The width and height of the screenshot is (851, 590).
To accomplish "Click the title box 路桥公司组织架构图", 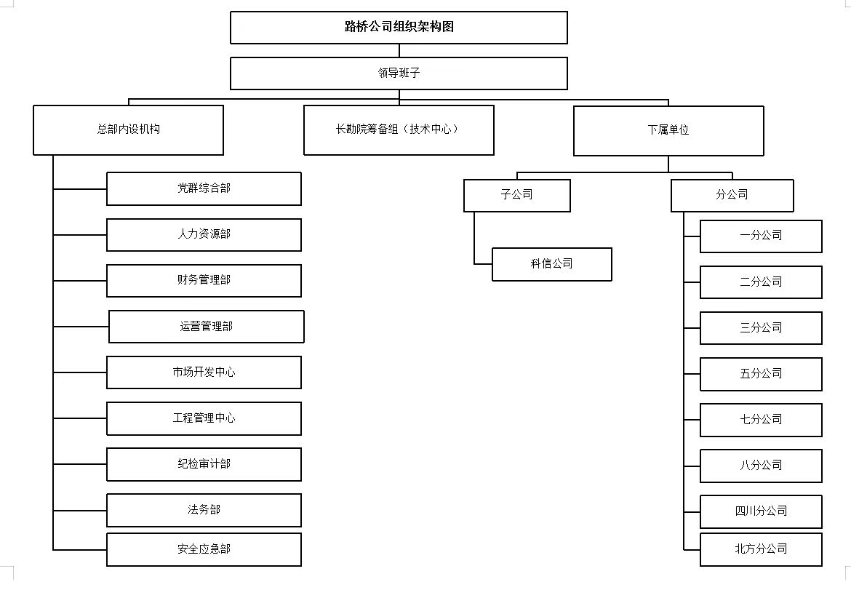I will pyautogui.click(x=399, y=28).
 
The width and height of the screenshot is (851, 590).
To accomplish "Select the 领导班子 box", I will pyautogui.click(x=399, y=73).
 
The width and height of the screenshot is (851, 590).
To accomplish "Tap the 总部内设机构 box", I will pyautogui.click(x=128, y=130).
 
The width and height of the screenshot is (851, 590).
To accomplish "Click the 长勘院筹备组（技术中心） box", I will pyautogui.click(x=399, y=130).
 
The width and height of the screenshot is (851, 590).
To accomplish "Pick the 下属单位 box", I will pyautogui.click(x=668, y=131).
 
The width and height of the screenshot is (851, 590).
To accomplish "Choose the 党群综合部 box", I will pyautogui.click(x=204, y=188).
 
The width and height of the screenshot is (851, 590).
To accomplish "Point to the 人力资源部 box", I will pyautogui.click(x=204, y=234).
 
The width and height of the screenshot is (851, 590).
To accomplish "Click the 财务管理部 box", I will pyautogui.click(x=204, y=280).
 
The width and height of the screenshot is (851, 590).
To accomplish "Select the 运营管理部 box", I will pyautogui.click(x=207, y=327).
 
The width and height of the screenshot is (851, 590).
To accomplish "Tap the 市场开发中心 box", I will pyautogui.click(x=204, y=372).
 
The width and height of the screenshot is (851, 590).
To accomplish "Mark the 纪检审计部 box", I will pyautogui.click(x=204, y=464).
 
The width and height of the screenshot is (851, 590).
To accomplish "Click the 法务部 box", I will pyautogui.click(x=204, y=510).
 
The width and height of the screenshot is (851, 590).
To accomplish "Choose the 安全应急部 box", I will pyautogui.click(x=204, y=549).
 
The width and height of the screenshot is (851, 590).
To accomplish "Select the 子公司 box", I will pyautogui.click(x=516, y=195).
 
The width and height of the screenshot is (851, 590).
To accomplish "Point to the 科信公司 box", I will pyautogui.click(x=551, y=264).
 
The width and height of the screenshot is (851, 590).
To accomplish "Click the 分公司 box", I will pyautogui.click(x=732, y=195).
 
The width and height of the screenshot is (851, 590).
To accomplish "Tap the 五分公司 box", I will pyautogui.click(x=761, y=374).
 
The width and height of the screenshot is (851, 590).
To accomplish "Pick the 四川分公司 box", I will pyautogui.click(x=761, y=511).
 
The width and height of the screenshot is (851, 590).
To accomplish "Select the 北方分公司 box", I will pyautogui.click(x=761, y=549).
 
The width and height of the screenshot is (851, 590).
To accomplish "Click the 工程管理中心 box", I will pyautogui.click(x=204, y=418).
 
